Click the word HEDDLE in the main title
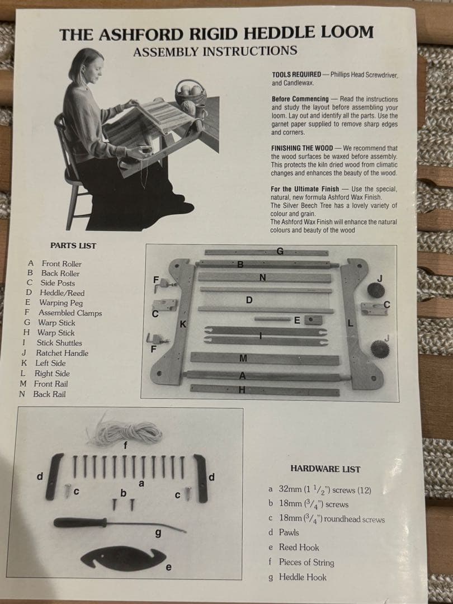tap(279, 33)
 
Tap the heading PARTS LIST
tap(73, 246)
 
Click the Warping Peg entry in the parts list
tap(54, 303)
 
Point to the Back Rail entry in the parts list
tap(43, 394)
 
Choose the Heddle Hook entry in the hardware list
tap(298, 577)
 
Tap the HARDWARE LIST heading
tap(325, 469)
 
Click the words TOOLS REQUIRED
tap(296, 74)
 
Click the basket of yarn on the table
tap(190, 92)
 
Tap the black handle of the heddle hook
tap(80, 523)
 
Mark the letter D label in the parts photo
tap(249, 300)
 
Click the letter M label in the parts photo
tap(243, 358)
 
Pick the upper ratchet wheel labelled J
tap(376, 290)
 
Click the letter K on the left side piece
tap(183, 324)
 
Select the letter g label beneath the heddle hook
tap(158, 533)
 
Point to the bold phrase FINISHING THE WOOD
tap(302, 148)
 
